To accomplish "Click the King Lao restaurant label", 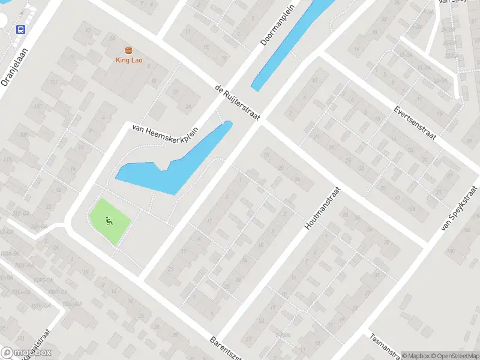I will (x=128, y=60).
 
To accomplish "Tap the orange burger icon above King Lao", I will (x=128, y=50).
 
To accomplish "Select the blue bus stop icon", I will (x=21, y=29).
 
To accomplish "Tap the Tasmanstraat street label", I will (x=384, y=347).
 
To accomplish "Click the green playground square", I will (x=110, y=221).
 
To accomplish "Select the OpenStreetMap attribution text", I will (x=454, y=356).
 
